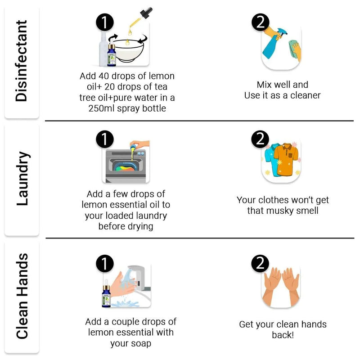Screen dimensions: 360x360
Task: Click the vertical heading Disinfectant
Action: coord(21,61)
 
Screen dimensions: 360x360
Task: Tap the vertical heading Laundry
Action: coord(23,179)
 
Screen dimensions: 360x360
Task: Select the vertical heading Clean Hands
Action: coord(22,296)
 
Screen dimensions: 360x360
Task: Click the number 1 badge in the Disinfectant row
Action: coord(105,22)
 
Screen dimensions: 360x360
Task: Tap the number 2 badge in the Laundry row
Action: coord(260,139)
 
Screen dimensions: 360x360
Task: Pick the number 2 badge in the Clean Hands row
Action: coord(260,263)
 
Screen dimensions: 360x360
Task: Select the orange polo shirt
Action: coord(286,159)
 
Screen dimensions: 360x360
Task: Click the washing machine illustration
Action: coord(126,166)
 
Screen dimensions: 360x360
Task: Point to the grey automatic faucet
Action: coord(138,277)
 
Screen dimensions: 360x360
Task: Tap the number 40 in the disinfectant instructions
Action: coord(104,76)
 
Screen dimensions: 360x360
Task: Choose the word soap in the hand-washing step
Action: coord(142,343)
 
